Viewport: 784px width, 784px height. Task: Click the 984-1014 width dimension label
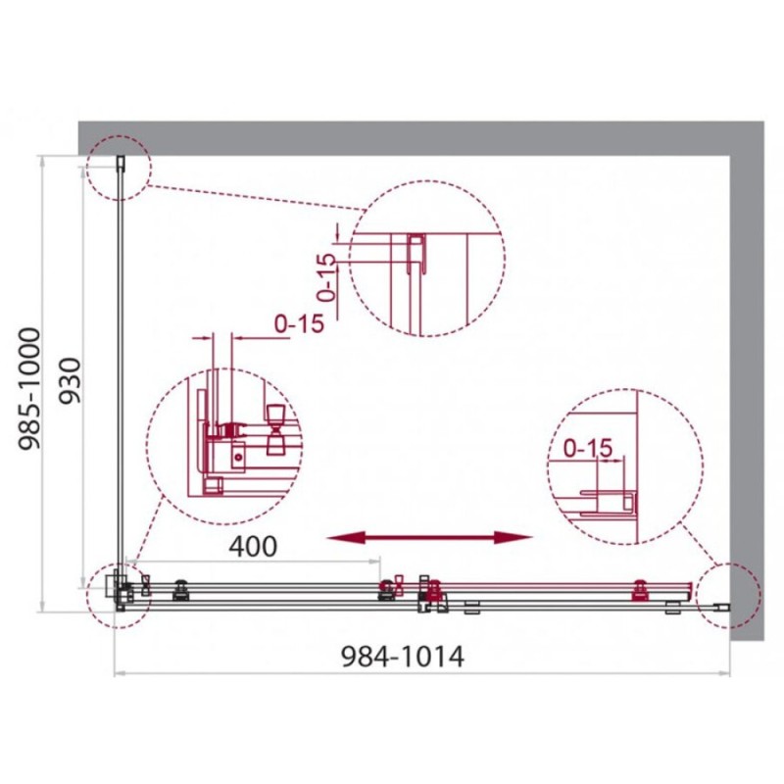coord(402,657)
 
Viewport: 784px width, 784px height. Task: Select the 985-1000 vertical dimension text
coord(29,389)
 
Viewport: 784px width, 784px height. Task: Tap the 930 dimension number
coord(70,381)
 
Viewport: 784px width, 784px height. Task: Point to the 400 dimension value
coord(253,547)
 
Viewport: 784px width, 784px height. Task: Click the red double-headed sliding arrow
coord(429,537)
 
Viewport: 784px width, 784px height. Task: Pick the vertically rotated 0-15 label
coord(326,277)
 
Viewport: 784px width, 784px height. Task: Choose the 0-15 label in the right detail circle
coord(587,448)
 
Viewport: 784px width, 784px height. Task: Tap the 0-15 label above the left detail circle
coord(299,324)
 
